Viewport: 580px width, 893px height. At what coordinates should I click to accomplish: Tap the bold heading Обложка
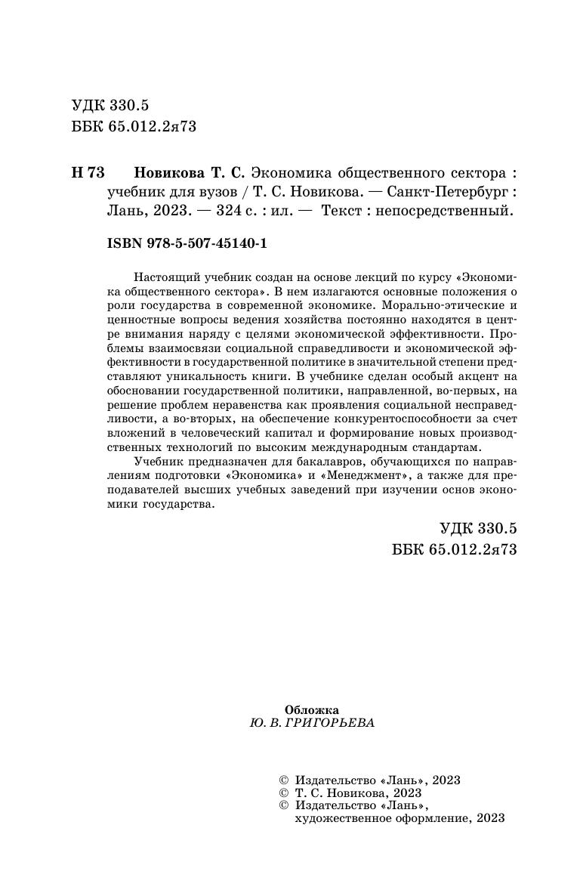click(x=312, y=709)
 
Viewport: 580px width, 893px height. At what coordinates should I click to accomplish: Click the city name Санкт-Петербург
click(x=460, y=192)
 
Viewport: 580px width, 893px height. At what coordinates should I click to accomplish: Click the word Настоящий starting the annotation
click(x=162, y=277)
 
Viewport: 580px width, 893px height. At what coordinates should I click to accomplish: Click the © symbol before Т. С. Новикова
click(x=283, y=793)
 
